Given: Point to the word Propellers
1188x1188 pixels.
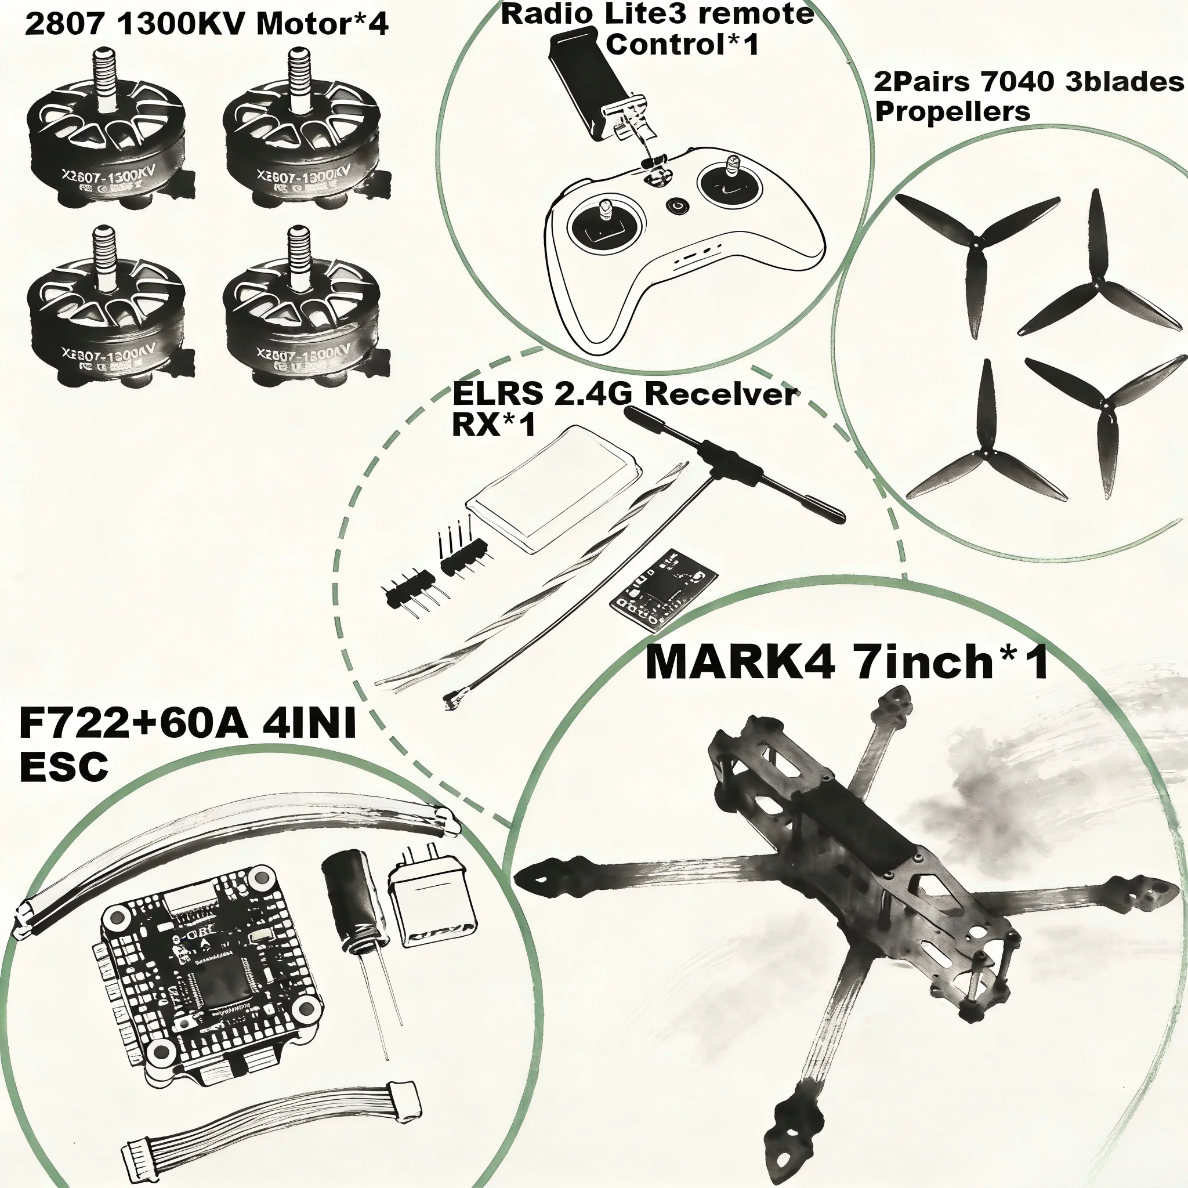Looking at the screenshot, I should tap(952, 112).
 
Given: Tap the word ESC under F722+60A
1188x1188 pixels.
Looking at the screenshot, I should tap(64, 767).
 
